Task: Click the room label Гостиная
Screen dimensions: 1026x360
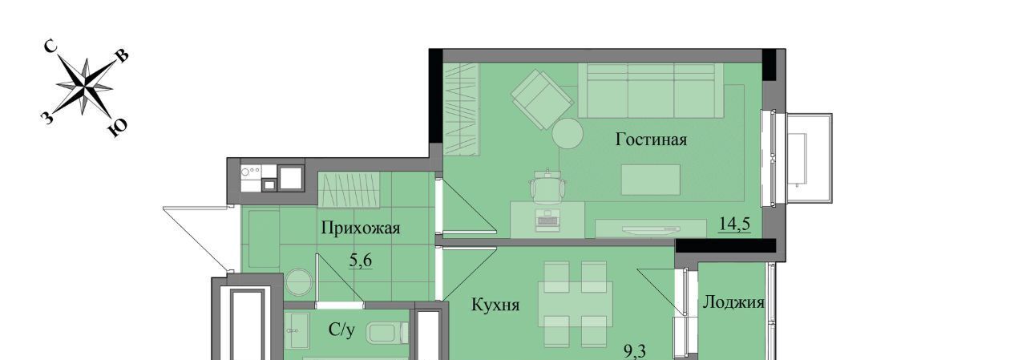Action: tap(651, 140)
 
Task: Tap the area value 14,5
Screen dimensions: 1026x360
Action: tap(734, 224)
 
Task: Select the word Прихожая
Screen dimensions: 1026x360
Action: tap(361, 228)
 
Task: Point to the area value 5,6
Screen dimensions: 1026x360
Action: tap(361, 261)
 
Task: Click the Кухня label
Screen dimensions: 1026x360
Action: tap(495, 305)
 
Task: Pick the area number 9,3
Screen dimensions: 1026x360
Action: tap(635, 351)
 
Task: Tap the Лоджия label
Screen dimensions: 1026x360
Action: tap(733, 302)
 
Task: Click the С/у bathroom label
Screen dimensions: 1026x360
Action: tap(341, 330)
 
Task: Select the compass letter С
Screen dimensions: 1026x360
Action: tap(50, 46)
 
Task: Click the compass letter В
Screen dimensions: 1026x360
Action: tap(122, 55)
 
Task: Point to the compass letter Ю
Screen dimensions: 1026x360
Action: tap(118, 129)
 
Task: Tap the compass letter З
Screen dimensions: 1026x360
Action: tap(46, 118)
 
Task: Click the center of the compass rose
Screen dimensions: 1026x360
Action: tap(85, 86)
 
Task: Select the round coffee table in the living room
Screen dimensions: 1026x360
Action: tap(568, 134)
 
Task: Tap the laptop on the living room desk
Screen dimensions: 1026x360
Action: tap(547, 220)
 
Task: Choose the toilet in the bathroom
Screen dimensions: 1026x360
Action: tap(387, 334)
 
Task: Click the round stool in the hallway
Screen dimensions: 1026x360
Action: tap(299, 281)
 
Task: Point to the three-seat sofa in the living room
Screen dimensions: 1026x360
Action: tap(650, 91)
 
